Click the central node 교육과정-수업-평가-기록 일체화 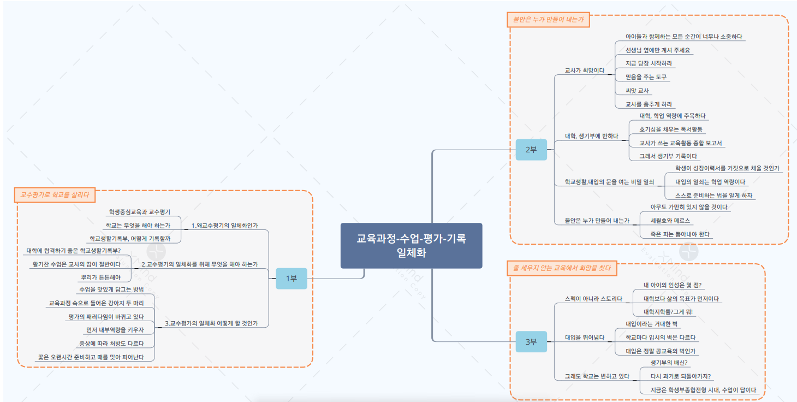(x=411, y=246)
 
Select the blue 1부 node (x=292, y=279)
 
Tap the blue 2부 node (x=531, y=150)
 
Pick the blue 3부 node (x=531, y=342)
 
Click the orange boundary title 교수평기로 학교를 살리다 (x=54, y=194)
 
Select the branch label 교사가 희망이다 (x=585, y=70)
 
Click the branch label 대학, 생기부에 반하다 (x=591, y=136)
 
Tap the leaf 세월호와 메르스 (x=671, y=221)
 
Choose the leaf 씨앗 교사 (x=637, y=91)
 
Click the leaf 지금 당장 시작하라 (x=649, y=63)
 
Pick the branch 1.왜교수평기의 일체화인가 (x=224, y=225)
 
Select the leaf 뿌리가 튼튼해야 (x=101, y=277)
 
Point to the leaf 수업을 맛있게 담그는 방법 (x=111, y=289)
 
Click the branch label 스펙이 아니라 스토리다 (x=593, y=299)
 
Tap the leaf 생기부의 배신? (x=669, y=362)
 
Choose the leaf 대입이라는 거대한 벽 (x=652, y=324)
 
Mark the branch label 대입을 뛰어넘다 (x=584, y=338)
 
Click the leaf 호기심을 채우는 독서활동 (x=671, y=129)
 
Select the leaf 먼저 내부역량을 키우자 (x=115, y=330)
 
